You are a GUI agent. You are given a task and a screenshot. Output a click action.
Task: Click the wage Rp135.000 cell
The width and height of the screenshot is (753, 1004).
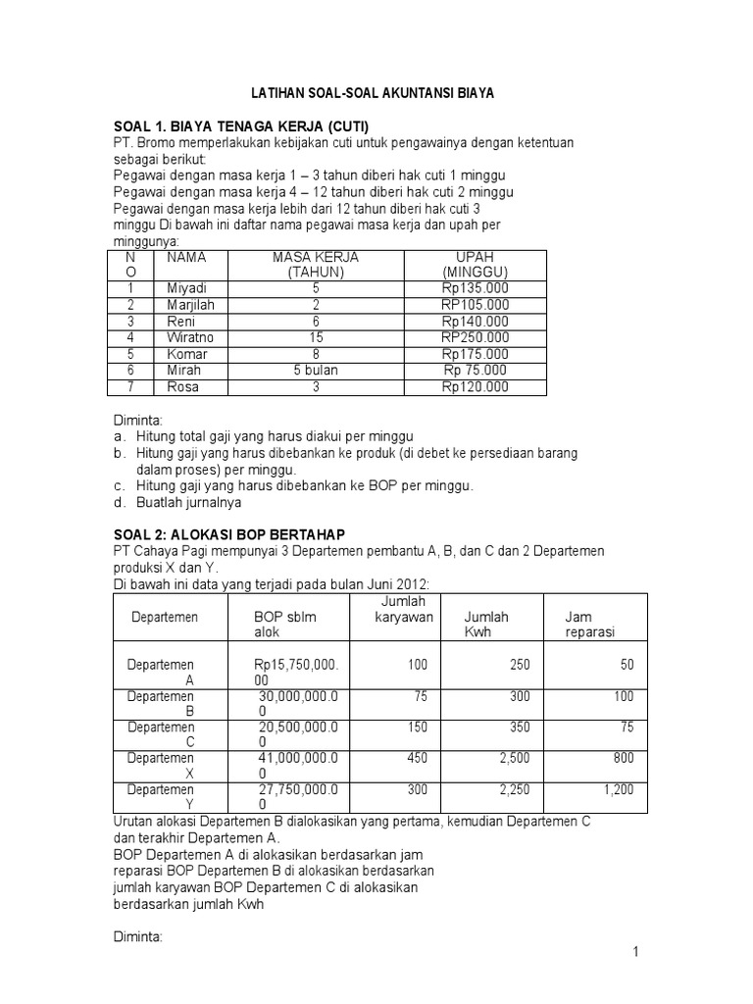click(475, 288)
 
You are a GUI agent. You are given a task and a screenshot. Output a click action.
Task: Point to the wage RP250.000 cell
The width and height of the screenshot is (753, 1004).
click(475, 338)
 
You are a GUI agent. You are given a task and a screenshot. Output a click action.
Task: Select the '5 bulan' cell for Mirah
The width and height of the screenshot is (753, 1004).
click(316, 371)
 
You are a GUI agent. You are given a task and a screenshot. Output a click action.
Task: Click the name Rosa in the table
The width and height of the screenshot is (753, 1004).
click(182, 387)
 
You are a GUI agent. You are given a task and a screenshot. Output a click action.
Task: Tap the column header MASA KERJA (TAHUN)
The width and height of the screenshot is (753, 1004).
click(316, 265)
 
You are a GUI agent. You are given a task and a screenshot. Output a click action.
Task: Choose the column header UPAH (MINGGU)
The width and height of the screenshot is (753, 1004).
click(475, 265)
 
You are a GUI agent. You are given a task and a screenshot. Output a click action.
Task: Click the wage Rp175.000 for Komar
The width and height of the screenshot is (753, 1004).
click(475, 354)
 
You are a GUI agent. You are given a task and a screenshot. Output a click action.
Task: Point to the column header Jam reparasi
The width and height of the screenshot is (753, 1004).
click(590, 625)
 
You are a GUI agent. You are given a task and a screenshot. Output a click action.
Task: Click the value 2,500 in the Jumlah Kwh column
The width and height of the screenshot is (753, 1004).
click(514, 758)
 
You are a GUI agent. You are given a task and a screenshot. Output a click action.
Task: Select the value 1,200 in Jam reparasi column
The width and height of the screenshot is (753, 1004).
click(618, 788)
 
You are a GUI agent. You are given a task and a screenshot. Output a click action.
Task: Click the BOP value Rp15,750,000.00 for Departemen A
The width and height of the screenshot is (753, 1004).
click(295, 672)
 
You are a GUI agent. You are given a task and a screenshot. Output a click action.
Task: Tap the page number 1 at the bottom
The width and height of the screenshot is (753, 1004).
click(636, 952)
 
